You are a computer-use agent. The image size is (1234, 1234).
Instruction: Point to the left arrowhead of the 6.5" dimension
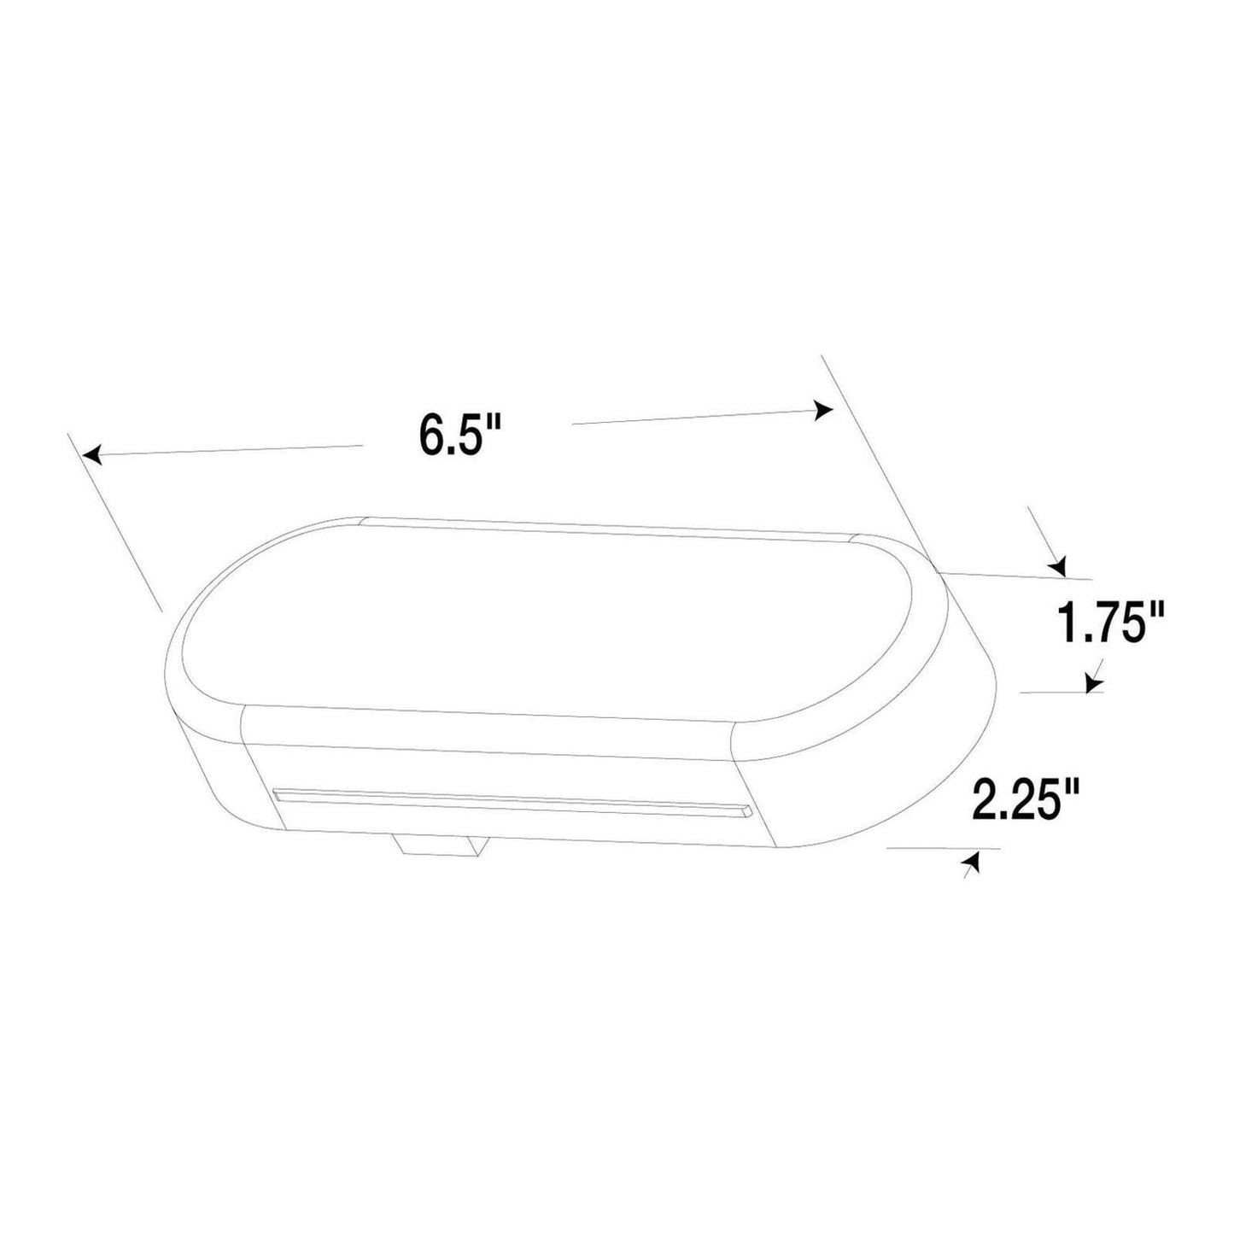pyautogui.click(x=93, y=455)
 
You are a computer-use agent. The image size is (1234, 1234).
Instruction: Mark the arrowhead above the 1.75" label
pyautogui.click(x=1059, y=565)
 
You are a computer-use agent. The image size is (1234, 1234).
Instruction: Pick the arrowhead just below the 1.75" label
pyautogui.click(x=1092, y=683)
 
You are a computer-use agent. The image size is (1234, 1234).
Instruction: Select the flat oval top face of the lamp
pyautogui.click(x=547, y=615)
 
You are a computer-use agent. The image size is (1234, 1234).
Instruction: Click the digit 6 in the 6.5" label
pyautogui.click(x=431, y=436)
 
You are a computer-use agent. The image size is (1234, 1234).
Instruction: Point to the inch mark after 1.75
pyautogui.click(x=1156, y=611)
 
